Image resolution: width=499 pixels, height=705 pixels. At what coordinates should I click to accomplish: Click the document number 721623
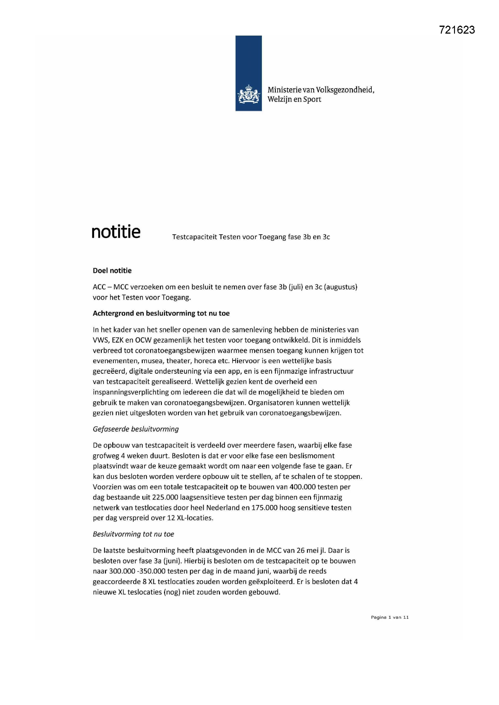coord(456,30)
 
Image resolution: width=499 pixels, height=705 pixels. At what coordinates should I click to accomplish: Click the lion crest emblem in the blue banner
coord(249,95)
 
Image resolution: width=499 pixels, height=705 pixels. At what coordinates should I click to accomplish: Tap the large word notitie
coord(116,232)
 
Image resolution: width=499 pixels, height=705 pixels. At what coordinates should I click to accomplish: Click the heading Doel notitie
coord(112,270)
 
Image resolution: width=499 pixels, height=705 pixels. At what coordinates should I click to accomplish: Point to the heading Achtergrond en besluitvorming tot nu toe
coord(161,313)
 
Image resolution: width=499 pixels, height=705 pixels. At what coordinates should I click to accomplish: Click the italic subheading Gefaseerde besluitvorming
coord(135,429)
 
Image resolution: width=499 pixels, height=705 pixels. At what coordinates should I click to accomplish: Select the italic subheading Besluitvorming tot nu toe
coord(133,534)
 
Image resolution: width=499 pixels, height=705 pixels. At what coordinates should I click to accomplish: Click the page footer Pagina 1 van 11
coord(389,617)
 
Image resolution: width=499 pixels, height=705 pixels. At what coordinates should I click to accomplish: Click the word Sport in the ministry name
coord(312,100)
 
